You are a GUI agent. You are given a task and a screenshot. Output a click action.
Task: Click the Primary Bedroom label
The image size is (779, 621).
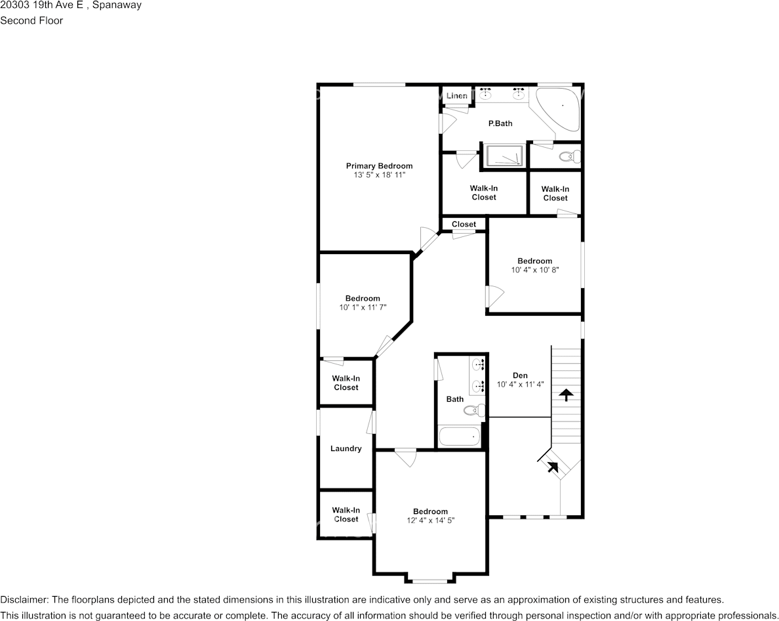[x=379, y=166]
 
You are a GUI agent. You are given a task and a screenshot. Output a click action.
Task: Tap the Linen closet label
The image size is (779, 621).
[x=456, y=95]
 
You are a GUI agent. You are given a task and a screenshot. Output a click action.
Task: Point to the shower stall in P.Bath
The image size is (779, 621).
[x=504, y=155]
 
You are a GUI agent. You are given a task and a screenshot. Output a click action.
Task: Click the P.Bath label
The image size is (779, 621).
[x=500, y=123]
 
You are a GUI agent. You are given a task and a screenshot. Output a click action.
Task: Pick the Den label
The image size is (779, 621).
[x=520, y=375]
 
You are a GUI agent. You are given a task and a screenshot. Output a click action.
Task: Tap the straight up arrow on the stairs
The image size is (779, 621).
[x=566, y=395]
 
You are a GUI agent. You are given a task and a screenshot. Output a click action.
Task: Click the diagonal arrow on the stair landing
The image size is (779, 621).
[x=553, y=467]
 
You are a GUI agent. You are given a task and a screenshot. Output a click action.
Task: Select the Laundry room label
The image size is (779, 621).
[x=346, y=448]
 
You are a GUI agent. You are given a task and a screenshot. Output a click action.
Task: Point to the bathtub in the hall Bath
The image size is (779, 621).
[x=460, y=437]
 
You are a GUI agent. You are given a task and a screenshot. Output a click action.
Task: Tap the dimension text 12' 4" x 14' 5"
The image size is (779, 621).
[x=431, y=521]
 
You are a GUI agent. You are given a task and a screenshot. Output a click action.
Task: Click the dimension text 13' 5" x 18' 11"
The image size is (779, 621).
[x=380, y=175]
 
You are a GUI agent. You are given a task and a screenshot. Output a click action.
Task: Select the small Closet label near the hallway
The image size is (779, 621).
[x=464, y=225]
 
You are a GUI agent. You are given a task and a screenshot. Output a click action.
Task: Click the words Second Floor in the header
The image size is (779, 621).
[x=31, y=20]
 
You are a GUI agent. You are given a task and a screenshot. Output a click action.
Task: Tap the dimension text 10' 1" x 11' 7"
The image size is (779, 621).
[x=363, y=307]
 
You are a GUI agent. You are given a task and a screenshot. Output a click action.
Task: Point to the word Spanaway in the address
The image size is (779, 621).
[x=117, y=5]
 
